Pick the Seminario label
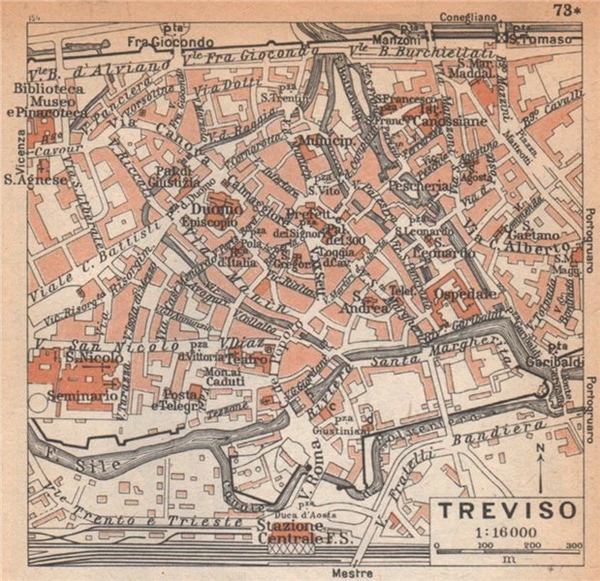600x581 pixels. pyautogui.click(x=85, y=396)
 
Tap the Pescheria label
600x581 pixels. pyautogui.click(x=418, y=184)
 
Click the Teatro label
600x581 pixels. pyautogui.click(x=248, y=356)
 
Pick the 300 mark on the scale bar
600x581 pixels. pyautogui.click(x=573, y=546)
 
